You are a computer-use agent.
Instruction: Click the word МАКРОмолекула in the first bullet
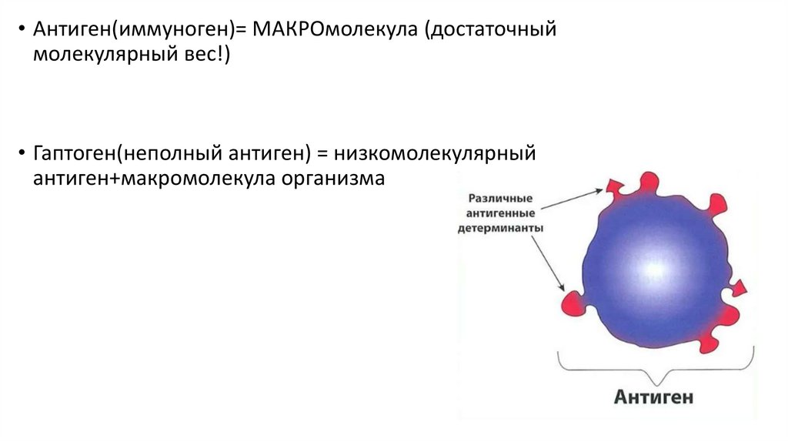pos(335,29)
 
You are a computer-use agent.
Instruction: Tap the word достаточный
pos(491,30)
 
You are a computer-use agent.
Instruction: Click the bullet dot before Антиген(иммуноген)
pos(22,28)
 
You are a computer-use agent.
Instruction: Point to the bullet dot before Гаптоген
pos(22,152)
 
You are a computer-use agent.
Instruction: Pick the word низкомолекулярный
pos(435,153)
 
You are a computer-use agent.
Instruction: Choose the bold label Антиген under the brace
pos(653,397)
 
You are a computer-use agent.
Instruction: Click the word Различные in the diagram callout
pos(500,198)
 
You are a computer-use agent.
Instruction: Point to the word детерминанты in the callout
pos(500,228)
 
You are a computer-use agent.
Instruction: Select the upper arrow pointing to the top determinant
pos(572,199)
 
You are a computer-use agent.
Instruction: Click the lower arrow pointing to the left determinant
pos(548,263)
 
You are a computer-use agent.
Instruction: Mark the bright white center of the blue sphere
pos(654,269)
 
